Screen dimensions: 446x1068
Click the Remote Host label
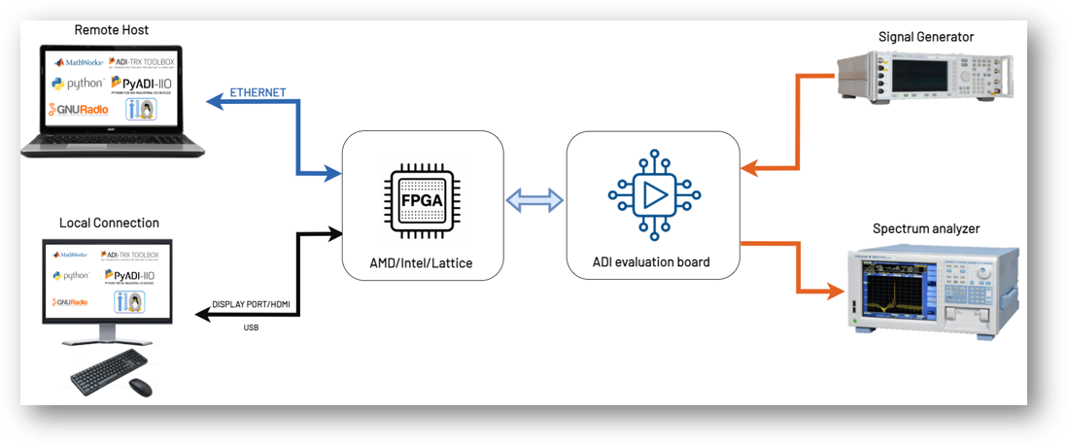pyautogui.click(x=112, y=30)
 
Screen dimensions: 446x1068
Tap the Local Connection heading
pyautogui.click(x=109, y=223)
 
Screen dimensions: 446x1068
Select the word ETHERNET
pyautogui.click(x=258, y=92)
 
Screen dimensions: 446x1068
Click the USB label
pyautogui.click(x=252, y=326)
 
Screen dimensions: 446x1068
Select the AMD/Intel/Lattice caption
pyautogui.click(x=423, y=261)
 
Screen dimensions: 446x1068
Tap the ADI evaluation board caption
pyautogui.click(x=652, y=261)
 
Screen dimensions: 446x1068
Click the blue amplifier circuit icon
pyautogui.click(x=652, y=195)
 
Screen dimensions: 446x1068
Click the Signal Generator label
pyautogui.click(x=925, y=37)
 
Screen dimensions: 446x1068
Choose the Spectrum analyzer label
pyautogui.click(x=926, y=228)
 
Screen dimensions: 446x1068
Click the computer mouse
pyautogui.click(x=140, y=386)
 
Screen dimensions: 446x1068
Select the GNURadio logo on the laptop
pyautogui.click(x=75, y=109)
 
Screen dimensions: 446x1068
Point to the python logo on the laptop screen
pyautogui.click(x=77, y=84)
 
